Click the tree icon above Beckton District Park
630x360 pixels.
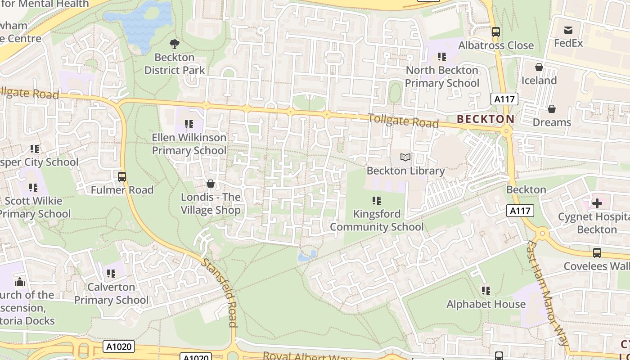pyautogui.click(x=174, y=44)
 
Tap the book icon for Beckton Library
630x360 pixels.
pyautogui.click(x=405, y=157)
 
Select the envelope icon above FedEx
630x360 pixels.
pyautogui.click(x=568, y=30)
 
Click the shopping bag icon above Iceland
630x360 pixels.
pyautogui.click(x=539, y=67)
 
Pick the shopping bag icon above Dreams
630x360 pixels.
pyautogui.click(x=551, y=109)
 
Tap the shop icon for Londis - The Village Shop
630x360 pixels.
pyautogui.click(x=210, y=184)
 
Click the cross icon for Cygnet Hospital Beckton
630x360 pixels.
pyautogui.click(x=597, y=203)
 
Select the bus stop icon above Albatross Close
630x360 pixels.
pyautogui.click(x=496, y=32)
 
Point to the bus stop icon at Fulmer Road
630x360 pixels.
pyautogui.click(x=122, y=177)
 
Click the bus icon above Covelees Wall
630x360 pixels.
pyautogui.click(x=597, y=253)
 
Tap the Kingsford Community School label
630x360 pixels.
pyautogui.click(x=377, y=220)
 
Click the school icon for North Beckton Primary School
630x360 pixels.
pyautogui.click(x=442, y=57)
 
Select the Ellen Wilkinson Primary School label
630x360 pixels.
pyautogui.click(x=189, y=144)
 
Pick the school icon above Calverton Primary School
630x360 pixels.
pyautogui.click(x=111, y=273)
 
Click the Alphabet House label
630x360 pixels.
pyautogui.click(x=486, y=304)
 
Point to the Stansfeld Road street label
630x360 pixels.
pyautogui.click(x=220, y=292)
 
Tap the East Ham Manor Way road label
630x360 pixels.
pyautogui.click(x=548, y=292)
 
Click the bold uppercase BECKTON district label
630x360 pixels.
pyautogui.click(x=486, y=119)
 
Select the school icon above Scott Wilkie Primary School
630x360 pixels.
pyautogui.click(x=33, y=187)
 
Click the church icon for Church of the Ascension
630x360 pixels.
pyautogui.click(x=20, y=282)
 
